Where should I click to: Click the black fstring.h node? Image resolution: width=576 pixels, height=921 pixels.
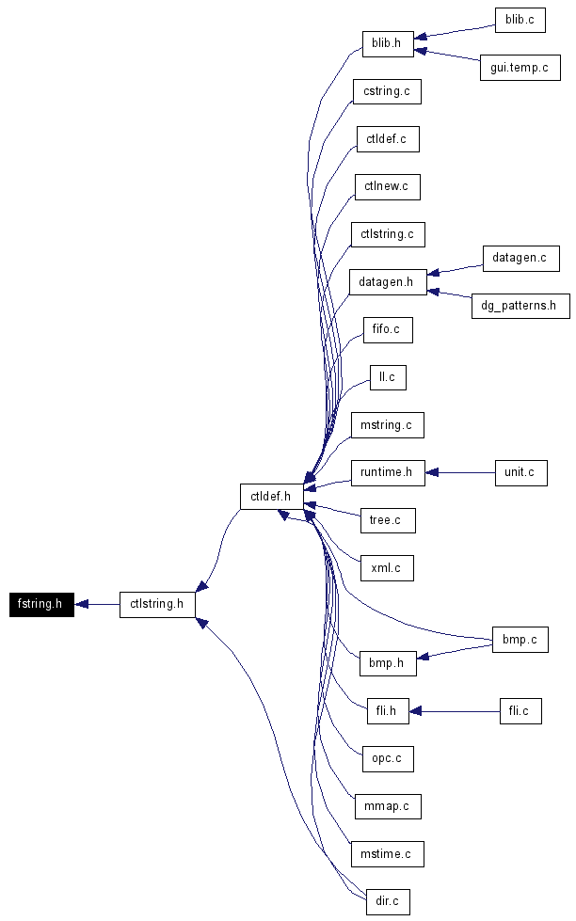pyautogui.click(x=41, y=604)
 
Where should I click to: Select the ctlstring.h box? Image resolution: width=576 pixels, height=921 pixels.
pyautogui.click(x=157, y=604)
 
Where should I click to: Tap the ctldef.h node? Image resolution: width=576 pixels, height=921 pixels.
pyautogui.click(x=271, y=497)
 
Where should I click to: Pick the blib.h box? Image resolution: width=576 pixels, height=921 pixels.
pyautogui.click(x=388, y=44)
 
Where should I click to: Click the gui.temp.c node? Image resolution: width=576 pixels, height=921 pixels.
pyautogui.click(x=520, y=68)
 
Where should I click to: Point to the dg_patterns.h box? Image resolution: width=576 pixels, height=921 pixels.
pyautogui.click(x=520, y=306)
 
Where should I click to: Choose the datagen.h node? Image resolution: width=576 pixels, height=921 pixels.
pyautogui.click(x=388, y=282)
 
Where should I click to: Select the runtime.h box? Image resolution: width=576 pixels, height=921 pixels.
pyautogui.click(x=388, y=473)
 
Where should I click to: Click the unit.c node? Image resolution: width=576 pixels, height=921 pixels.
pyautogui.click(x=521, y=473)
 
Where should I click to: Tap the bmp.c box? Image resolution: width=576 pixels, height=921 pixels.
pyautogui.click(x=520, y=640)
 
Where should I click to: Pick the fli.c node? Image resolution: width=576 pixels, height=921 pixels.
pyautogui.click(x=520, y=711)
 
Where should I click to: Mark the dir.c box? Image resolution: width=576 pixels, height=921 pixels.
pyautogui.click(x=388, y=901)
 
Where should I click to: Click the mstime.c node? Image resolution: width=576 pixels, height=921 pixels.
pyautogui.click(x=388, y=854)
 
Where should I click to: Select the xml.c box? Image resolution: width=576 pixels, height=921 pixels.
pyautogui.click(x=388, y=568)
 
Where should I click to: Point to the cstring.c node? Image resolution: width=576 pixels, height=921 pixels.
pyautogui.click(x=388, y=91)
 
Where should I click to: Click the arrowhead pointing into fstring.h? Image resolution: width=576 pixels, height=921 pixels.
pyautogui.click(x=81, y=604)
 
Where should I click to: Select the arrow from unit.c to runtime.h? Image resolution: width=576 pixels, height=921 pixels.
pyautogui.click(x=460, y=473)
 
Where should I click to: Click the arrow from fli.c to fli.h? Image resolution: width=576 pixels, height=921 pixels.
pyautogui.click(x=455, y=711)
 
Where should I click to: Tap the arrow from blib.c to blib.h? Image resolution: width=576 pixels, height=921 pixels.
pyautogui.click(x=455, y=32)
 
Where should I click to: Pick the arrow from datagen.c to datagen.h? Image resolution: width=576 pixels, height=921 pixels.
pyautogui.click(x=455, y=269)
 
